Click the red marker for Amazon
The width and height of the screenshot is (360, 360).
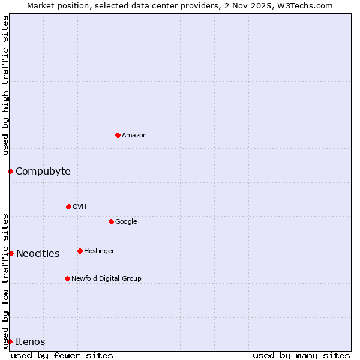pos(118,135)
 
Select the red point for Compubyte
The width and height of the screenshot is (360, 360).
pos(10,172)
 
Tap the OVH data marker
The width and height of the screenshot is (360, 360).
pos(68,206)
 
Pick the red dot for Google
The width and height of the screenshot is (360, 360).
pos(111,221)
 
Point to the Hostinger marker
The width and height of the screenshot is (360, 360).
pos(80,251)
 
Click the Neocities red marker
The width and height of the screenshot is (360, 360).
pos(11,253)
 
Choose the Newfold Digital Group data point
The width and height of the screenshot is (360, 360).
pos(67,278)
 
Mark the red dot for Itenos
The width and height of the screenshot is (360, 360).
pos(10,341)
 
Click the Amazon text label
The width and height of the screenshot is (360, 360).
pos(134,136)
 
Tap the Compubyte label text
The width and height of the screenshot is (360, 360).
pos(43,172)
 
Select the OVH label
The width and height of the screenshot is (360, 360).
pos(80,207)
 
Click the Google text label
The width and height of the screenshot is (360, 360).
pos(126,222)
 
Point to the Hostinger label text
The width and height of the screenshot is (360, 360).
pos(99,251)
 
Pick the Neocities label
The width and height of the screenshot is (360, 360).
pos(38,254)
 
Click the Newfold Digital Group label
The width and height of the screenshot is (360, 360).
pos(106,279)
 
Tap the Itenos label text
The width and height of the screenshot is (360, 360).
pos(30,342)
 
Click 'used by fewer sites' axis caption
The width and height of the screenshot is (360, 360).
pos(62,356)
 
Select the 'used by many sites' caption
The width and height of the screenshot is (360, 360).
pos(301,356)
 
